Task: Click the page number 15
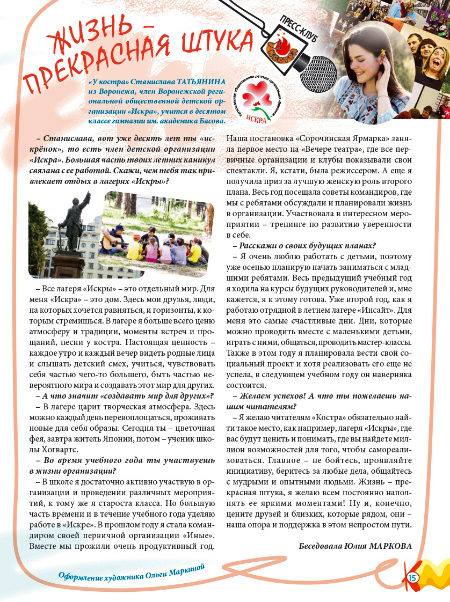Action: [412, 577]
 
